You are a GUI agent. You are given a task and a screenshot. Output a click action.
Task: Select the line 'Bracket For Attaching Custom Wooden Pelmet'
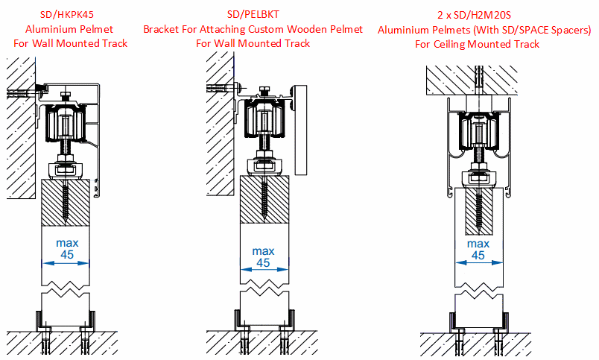pyautogui.click(x=253, y=29)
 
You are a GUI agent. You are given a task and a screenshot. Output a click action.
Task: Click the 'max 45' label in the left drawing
pyautogui.click(x=67, y=249)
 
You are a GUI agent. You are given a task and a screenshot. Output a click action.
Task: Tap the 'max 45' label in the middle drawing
pyautogui.click(x=263, y=257)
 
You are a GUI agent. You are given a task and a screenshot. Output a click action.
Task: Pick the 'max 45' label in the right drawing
pyautogui.click(x=478, y=250)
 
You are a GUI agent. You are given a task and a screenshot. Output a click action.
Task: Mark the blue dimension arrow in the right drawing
pyautogui.click(x=478, y=262)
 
